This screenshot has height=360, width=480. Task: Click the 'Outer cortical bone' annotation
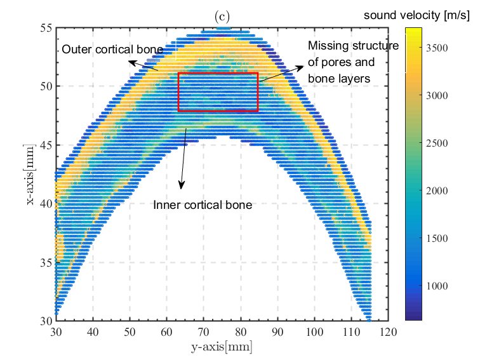point(112,50)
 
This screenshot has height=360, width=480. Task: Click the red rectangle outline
point(218,74)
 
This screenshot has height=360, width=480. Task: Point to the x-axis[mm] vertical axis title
point(31,173)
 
